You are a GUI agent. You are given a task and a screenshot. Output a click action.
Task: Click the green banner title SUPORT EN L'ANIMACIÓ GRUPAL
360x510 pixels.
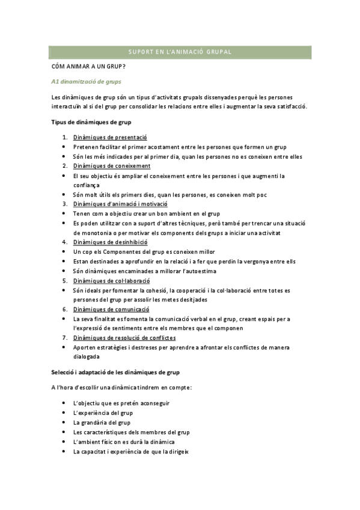[180, 52]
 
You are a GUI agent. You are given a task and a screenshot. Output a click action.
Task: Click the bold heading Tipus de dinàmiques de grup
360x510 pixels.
[91, 122]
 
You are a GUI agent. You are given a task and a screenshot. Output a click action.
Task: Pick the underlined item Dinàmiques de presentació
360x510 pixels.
[114, 138]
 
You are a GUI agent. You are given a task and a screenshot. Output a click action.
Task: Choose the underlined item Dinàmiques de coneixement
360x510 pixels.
[116, 165]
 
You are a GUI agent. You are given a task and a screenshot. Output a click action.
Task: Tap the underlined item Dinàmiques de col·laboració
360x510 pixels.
[116, 280]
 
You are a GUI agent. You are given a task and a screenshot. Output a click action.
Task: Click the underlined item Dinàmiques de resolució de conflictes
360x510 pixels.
[133, 338]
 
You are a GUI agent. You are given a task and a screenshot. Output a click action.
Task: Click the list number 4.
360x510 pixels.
[65, 242]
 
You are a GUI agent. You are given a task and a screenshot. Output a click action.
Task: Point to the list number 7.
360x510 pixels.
[65, 338]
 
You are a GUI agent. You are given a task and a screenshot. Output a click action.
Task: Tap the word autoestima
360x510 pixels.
[201, 271]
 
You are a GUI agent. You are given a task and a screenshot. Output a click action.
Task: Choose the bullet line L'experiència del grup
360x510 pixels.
[103, 413]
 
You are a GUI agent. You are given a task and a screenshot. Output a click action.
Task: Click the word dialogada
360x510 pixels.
[87, 357]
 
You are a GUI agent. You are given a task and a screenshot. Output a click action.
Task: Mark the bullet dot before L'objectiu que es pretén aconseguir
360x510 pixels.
[64, 404]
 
